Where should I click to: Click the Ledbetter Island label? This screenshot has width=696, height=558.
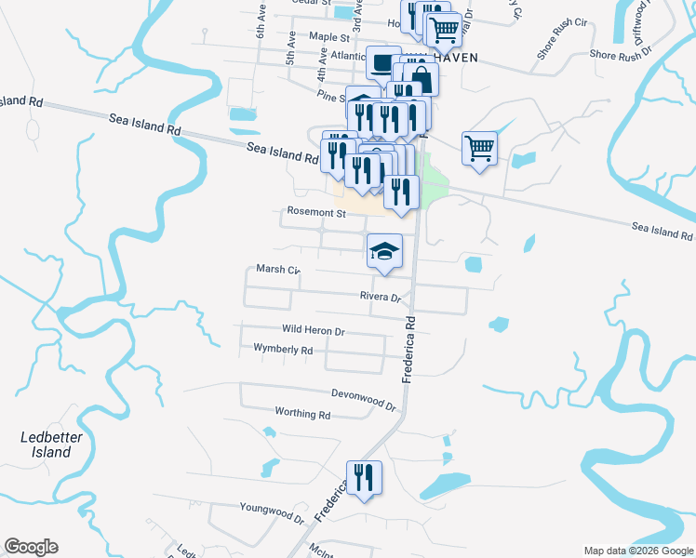(47, 445)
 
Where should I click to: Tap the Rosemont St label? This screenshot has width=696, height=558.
(316, 213)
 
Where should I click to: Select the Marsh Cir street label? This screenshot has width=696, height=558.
(278, 270)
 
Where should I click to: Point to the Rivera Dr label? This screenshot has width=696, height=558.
(381, 298)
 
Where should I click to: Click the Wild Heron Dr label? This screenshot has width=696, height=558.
(313, 330)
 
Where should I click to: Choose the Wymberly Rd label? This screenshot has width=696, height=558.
(283, 350)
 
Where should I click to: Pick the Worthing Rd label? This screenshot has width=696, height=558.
(302, 413)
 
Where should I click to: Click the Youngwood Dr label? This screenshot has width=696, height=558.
(273, 512)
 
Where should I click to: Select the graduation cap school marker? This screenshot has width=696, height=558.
(384, 250)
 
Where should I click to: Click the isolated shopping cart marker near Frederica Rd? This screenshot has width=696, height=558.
(479, 147)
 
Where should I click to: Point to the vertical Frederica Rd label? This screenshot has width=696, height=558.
(408, 348)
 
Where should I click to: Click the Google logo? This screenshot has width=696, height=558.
(31, 547)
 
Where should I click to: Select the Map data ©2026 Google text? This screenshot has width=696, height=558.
(638, 551)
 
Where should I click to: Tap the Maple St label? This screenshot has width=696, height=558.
(328, 38)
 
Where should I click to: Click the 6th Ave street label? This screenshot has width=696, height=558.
(261, 27)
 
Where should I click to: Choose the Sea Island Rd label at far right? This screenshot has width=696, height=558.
(663, 230)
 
